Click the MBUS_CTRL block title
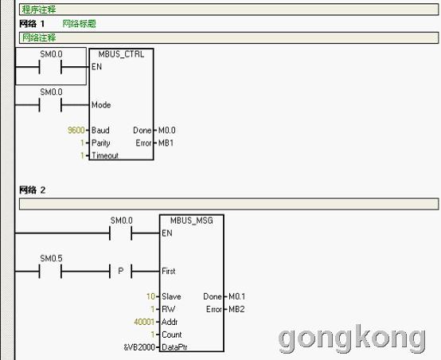point(121,54)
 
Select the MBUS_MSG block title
point(192,221)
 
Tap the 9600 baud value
point(76,130)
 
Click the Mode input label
point(101,104)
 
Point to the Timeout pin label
point(105,155)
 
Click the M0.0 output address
point(167,130)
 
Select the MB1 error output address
point(166,143)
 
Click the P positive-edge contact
point(121,271)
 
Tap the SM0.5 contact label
point(51,258)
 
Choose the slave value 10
point(150,296)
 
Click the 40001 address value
point(144,322)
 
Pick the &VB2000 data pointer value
point(139,347)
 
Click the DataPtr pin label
point(174,347)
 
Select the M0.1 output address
point(236,296)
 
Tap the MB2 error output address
point(236,309)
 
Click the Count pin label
point(172,335)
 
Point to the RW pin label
point(169,309)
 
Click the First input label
point(169,271)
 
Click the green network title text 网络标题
point(79,24)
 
